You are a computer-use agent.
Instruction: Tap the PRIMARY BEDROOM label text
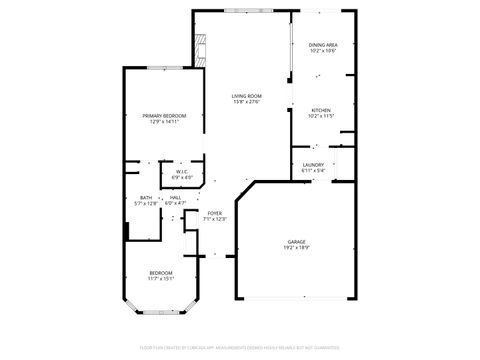pyautogui.click(x=163, y=116)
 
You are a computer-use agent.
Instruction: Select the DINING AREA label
pyautogui.click(x=322, y=45)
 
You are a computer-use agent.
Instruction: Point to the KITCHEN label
pyautogui.click(x=320, y=110)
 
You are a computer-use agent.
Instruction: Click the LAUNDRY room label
pyautogui.click(x=313, y=165)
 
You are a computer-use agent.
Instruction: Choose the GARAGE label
pyautogui.click(x=296, y=242)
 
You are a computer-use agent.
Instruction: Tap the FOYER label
pyautogui.click(x=215, y=213)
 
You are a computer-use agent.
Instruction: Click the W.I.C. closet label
pyautogui.click(x=182, y=172)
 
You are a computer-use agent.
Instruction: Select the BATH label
pyautogui.click(x=146, y=197)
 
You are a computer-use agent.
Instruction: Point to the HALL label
pyautogui.click(x=175, y=197)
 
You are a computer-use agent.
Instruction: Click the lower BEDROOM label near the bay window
pyautogui.click(x=161, y=273)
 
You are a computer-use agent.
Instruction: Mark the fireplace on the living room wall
pyautogui.click(x=202, y=48)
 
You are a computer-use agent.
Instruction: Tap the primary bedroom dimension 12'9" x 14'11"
pyautogui.click(x=163, y=122)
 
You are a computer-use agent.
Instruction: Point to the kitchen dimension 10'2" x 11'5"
pyautogui.click(x=320, y=116)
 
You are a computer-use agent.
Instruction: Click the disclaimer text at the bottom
pyautogui.click(x=240, y=347)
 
